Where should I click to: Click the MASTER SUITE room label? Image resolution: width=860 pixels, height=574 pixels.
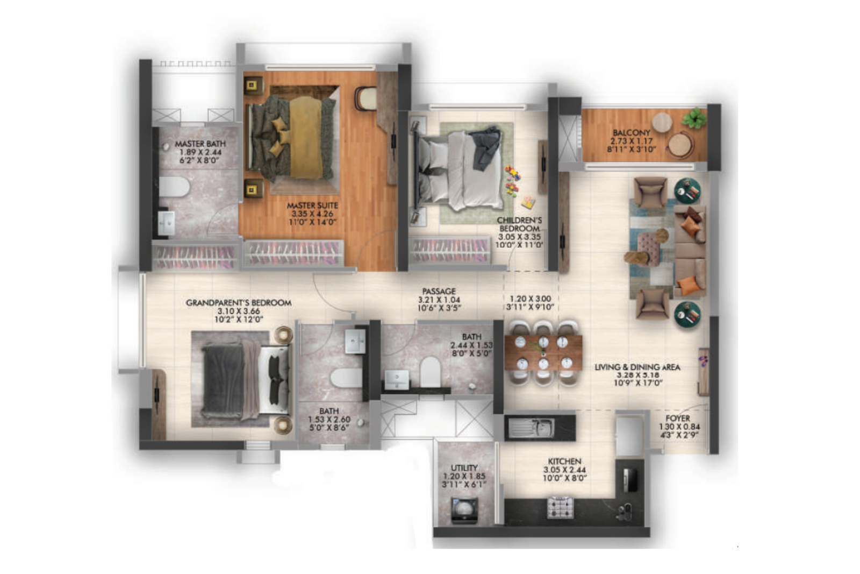pos(312,205)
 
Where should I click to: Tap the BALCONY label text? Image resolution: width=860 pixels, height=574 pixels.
pos(632,132)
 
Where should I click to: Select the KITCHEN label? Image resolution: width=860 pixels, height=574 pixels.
pos(564,462)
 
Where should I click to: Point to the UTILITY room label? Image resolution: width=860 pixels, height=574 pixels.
pos(464,468)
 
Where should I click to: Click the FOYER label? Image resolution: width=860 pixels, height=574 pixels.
pos(678,418)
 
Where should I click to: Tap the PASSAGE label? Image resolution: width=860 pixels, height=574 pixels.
pos(439,292)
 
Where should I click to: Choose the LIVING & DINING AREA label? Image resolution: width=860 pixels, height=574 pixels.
pos(637,367)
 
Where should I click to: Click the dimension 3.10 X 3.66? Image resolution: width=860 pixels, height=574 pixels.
pos(239,311)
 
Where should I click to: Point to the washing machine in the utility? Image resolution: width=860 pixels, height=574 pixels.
pos(464,509)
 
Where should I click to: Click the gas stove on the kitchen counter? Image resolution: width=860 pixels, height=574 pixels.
pos(560,507)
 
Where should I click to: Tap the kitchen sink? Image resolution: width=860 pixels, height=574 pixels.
pos(531,428)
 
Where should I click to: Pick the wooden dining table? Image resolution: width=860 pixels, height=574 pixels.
pos(543,352)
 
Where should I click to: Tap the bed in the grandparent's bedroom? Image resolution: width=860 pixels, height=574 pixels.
pos(245,379)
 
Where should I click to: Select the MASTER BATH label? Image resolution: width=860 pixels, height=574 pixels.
pos(200,144)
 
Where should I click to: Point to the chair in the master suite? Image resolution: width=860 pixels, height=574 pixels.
pos(365,99)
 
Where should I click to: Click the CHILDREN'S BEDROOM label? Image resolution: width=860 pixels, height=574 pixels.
pos(519,224)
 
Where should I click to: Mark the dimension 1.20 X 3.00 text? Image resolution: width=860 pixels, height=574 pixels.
pos(530,299)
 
